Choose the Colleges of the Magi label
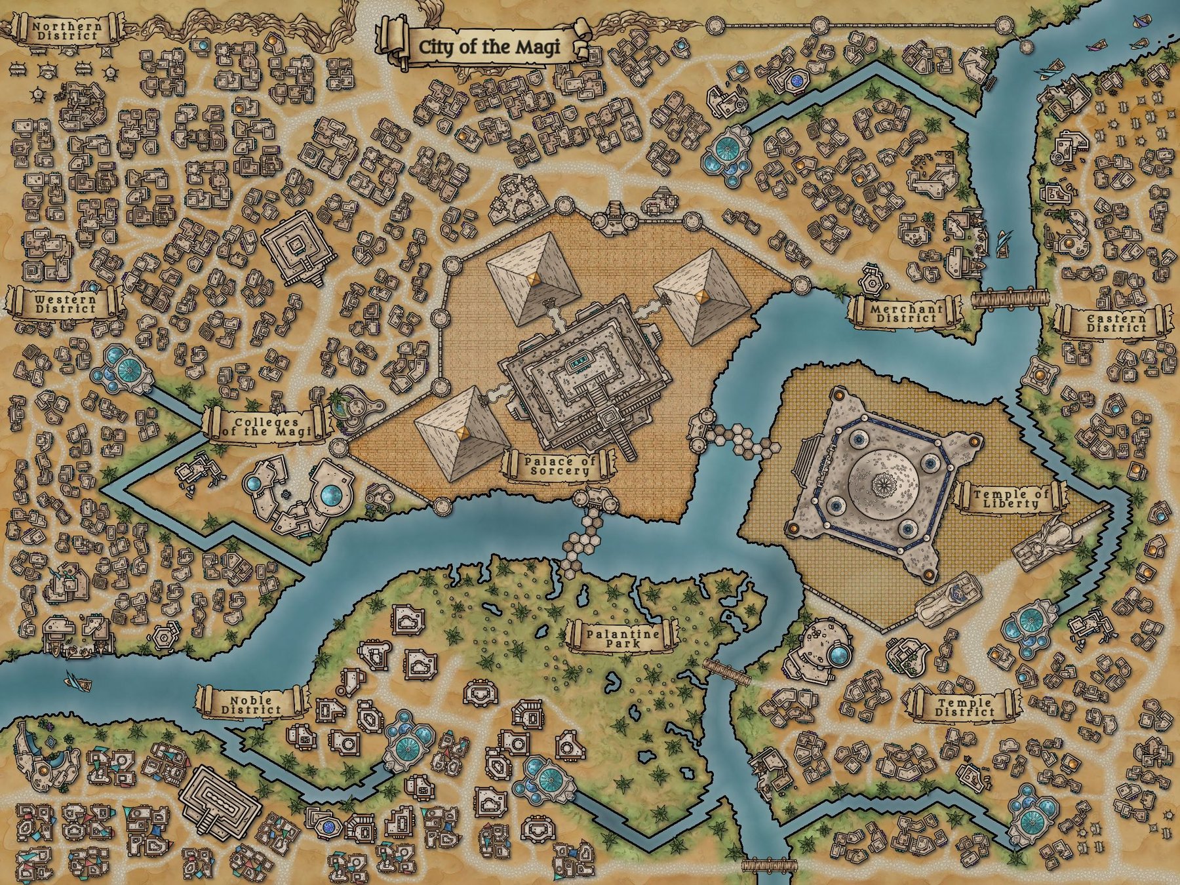click(x=265, y=426)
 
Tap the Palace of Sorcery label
click(x=560, y=465)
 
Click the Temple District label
click(x=964, y=707)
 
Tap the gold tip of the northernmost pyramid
click(x=534, y=279)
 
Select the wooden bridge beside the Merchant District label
click(x=1007, y=298)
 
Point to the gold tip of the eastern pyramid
click(x=702, y=297)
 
